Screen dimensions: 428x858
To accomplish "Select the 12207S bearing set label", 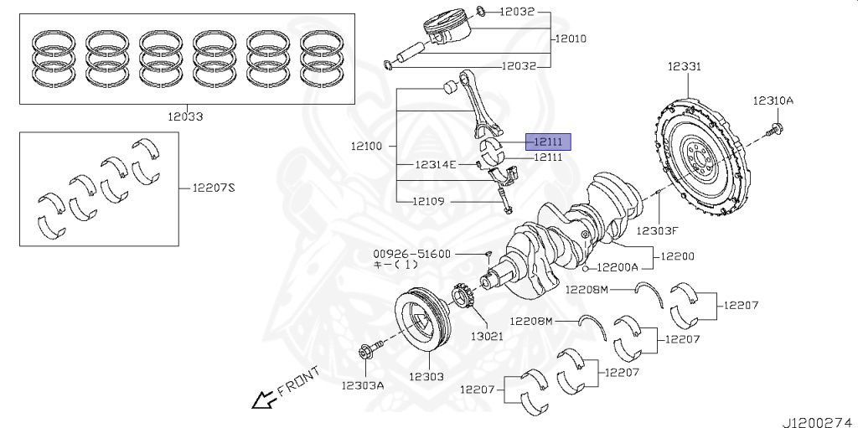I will coord(214,188).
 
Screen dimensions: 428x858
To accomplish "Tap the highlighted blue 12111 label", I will coord(548,142).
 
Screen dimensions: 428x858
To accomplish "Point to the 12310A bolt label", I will coord(772,101).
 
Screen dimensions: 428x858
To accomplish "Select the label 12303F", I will coord(656,229).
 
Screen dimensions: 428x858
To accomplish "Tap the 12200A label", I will coord(618,268).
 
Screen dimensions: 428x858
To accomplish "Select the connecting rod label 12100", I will coord(366,146).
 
